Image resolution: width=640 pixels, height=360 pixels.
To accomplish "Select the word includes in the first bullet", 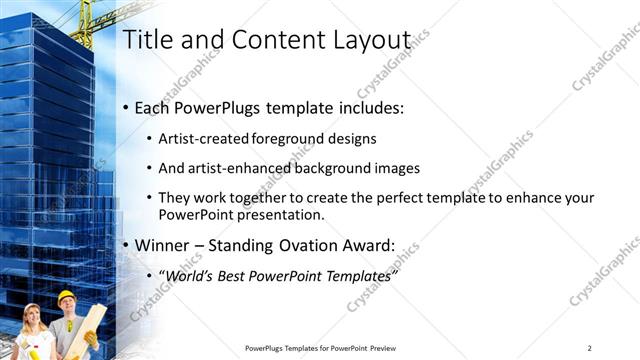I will point(369,107).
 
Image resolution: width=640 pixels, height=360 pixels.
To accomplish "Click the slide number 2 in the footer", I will point(589,347).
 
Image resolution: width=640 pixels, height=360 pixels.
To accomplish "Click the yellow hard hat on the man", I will point(67,296).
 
